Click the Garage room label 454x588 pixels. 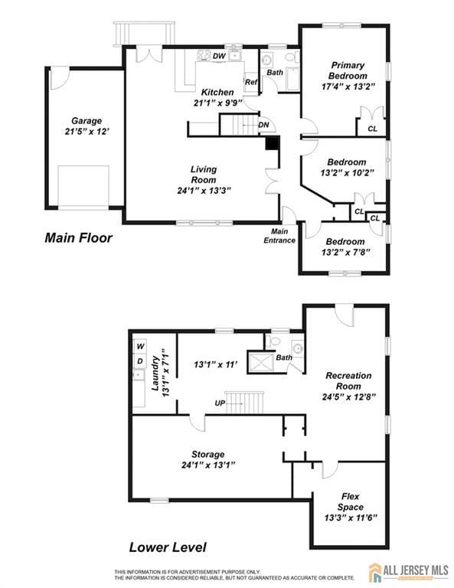pyautogui.click(x=87, y=121)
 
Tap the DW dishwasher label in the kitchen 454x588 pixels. pyautogui.click(x=219, y=56)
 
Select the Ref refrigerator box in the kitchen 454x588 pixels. pyautogui.click(x=250, y=82)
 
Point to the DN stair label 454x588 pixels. pyautogui.click(x=263, y=125)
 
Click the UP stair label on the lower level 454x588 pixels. pyautogui.click(x=220, y=402)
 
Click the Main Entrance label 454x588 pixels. pyautogui.click(x=279, y=236)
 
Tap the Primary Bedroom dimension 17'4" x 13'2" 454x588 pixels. pyautogui.click(x=348, y=87)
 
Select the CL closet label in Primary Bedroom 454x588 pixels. pyautogui.click(x=372, y=129)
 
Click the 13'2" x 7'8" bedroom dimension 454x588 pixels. pyautogui.click(x=347, y=252)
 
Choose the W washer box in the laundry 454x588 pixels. pyautogui.click(x=140, y=346)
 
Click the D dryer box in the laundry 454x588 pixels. pyautogui.click(x=140, y=360)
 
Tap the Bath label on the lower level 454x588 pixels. pyautogui.click(x=284, y=358)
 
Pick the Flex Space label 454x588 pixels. pyautogui.click(x=350, y=501)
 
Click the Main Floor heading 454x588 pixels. pyautogui.click(x=78, y=238)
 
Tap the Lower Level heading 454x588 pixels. pyautogui.click(x=168, y=547)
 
